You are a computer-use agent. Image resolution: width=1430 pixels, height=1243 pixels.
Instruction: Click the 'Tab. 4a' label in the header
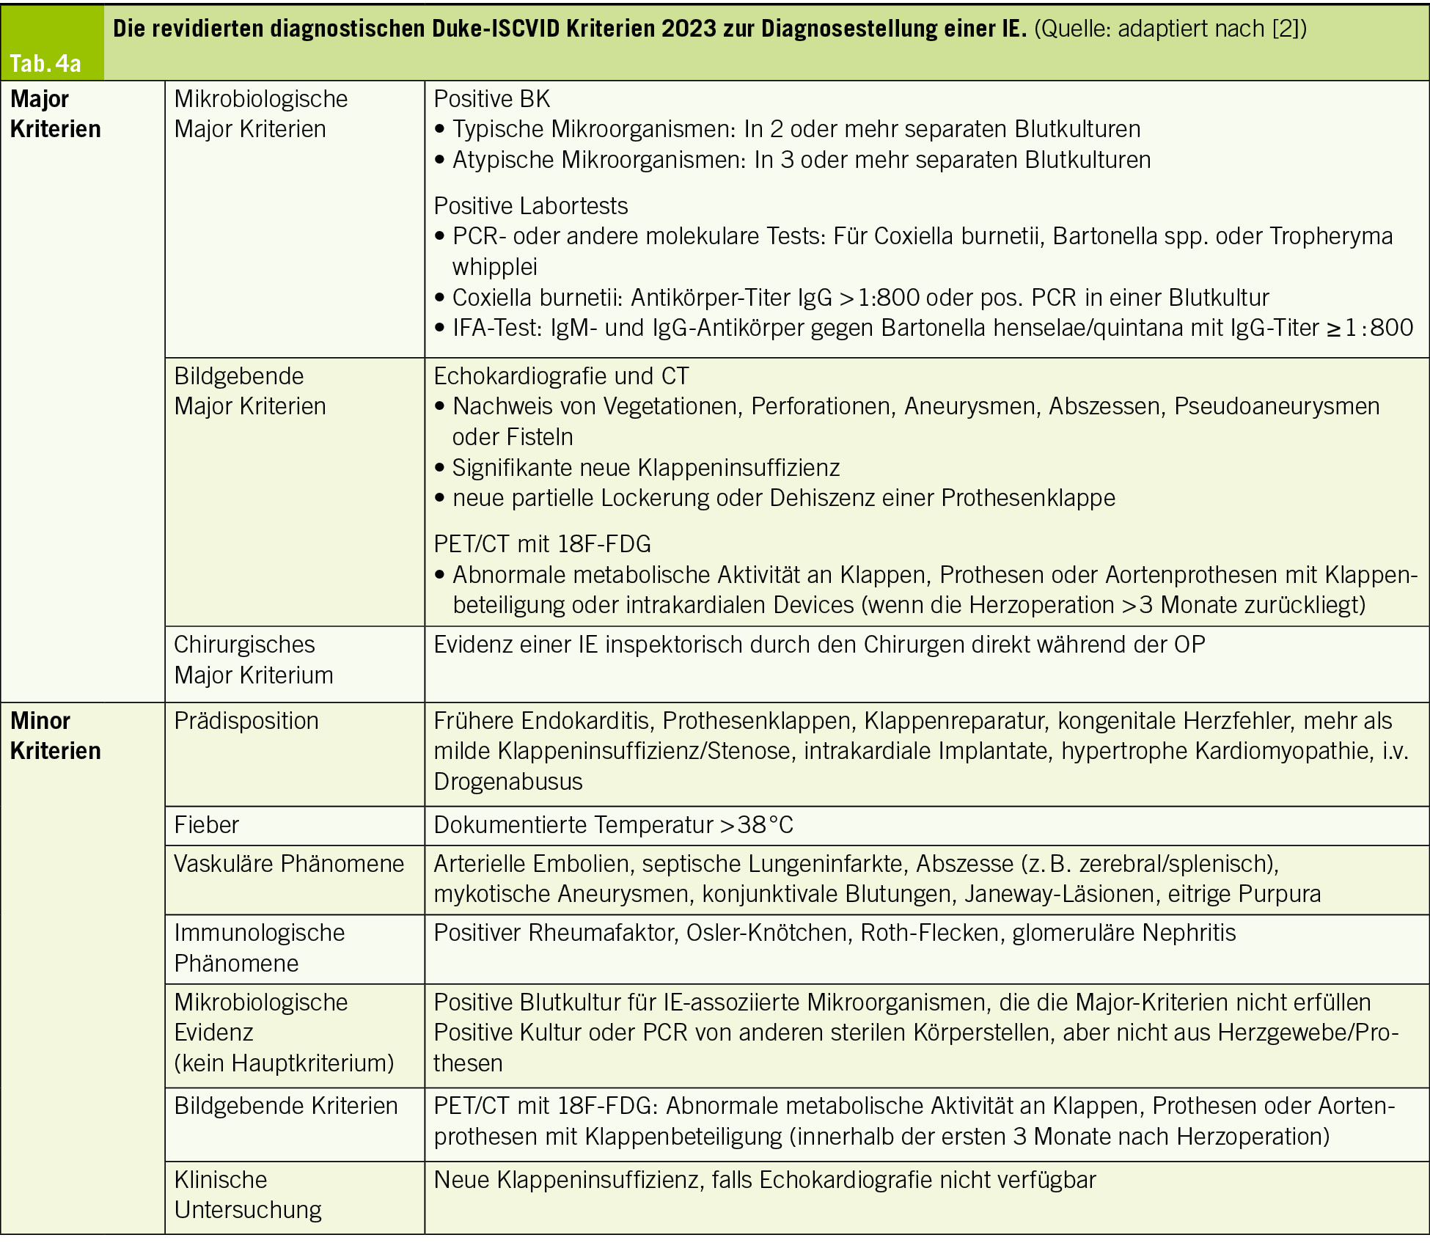pos(45,63)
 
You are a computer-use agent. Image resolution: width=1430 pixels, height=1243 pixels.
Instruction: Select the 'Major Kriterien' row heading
pos(55,114)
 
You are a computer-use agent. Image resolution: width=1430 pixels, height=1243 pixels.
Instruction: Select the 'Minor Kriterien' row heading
pos(55,736)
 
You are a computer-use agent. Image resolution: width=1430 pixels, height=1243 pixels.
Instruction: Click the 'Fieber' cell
pos(206,825)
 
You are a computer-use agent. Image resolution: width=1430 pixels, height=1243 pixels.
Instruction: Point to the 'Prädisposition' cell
pos(246,721)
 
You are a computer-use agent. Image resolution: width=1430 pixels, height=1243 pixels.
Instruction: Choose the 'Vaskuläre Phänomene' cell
pos(288,864)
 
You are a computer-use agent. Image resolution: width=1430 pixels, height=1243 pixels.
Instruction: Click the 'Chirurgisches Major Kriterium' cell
pos(253,659)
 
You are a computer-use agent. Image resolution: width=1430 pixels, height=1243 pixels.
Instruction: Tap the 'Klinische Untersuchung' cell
pos(247,1195)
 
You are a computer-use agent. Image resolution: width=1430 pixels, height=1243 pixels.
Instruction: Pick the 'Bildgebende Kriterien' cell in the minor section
pos(285,1106)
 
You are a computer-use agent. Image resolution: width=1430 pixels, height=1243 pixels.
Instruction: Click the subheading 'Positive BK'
pos(491,99)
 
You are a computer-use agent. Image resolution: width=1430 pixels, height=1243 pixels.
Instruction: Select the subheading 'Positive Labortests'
pos(530,206)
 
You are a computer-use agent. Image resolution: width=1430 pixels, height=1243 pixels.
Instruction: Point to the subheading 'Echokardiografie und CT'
pos(561,376)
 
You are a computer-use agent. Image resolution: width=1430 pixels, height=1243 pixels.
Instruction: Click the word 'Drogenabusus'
pos(507,782)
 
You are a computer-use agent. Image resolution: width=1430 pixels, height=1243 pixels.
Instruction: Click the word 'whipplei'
pos(494,267)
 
